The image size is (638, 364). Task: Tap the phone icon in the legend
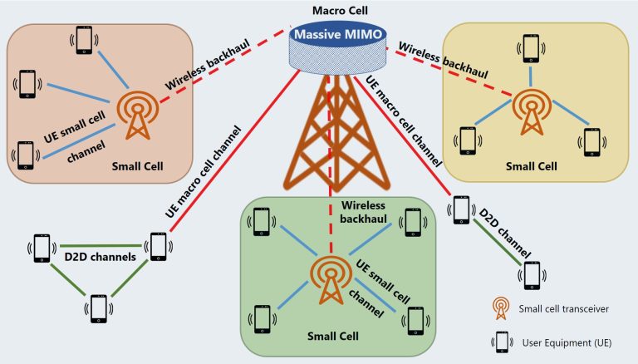coord(501,342)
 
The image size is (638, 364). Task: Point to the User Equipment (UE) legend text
coord(568,342)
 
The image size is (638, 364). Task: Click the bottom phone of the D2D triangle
coord(98,308)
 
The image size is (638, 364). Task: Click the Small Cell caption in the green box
coord(332,336)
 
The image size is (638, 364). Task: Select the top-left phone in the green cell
coord(262,220)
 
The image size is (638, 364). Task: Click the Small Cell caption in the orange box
coord(137,165)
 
